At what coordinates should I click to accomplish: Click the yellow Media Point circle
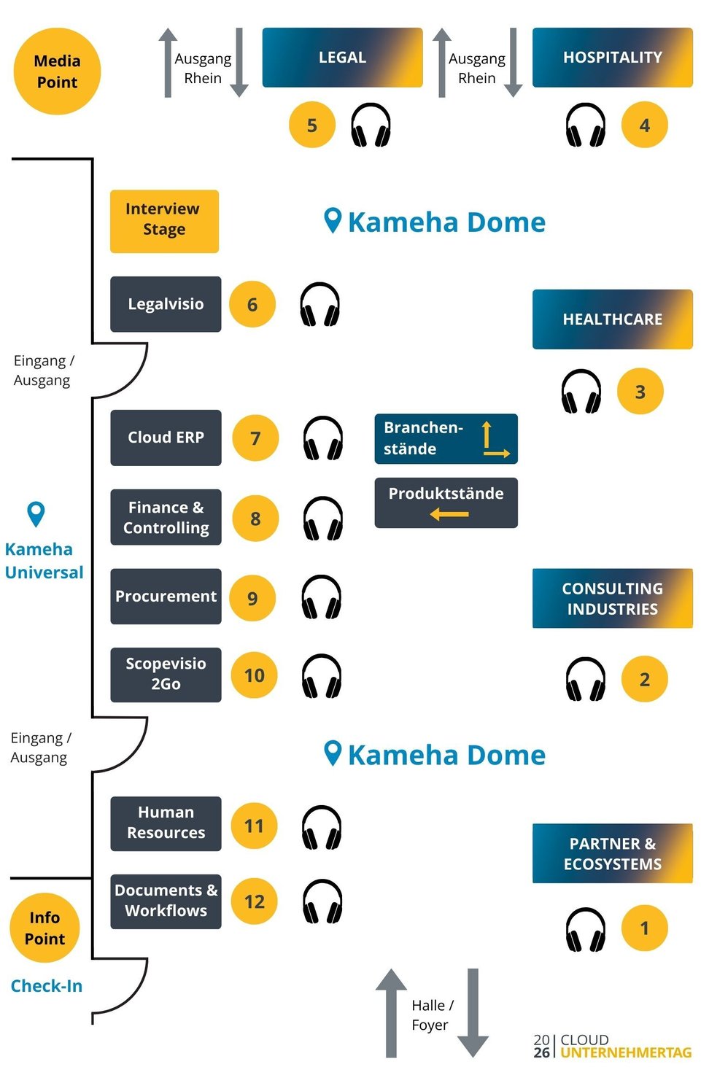click(57, 71)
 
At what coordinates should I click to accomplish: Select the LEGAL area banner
click(342, 58)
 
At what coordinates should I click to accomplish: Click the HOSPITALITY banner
click(612, 58)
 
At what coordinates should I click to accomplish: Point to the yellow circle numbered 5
click(312, 125)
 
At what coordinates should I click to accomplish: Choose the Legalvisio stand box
click(166, 304)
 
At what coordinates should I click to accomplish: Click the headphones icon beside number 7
click(323, 438)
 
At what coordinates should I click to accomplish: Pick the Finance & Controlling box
click(166, 517)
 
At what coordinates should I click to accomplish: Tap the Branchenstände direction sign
click(446, 438)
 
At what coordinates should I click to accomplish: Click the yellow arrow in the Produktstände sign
click(449, 514)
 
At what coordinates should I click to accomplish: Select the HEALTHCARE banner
click(612, 319)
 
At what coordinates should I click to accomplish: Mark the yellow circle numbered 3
click(640, 392)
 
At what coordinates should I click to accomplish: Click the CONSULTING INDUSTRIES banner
click(612, 598)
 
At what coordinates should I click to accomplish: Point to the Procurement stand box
click(166, 596)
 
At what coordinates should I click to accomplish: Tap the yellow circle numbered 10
click(254, 675)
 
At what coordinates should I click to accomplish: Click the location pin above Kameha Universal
click(36, 513)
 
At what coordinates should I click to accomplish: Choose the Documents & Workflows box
click(166, 901)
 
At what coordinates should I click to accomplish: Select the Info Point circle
click(44, 928)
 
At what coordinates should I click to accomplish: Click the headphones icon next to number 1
click(586, 929)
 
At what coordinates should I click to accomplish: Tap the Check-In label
click(46, 986)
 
